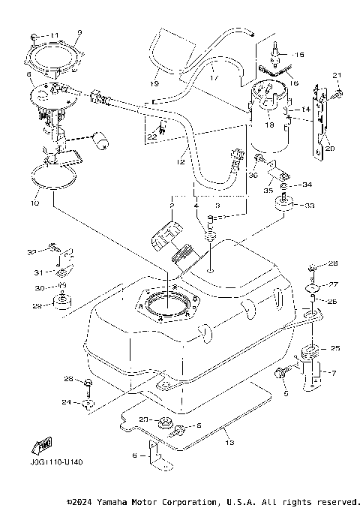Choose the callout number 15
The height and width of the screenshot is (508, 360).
pos(299,55)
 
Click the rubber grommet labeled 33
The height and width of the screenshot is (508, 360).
pos(286,206)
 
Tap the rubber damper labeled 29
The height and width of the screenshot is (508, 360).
pos(61,302)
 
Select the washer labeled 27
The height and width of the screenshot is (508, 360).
pos(313,287)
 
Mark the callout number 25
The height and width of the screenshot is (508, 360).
pos(335,348)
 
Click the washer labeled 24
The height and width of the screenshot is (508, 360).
pos(88,403)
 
